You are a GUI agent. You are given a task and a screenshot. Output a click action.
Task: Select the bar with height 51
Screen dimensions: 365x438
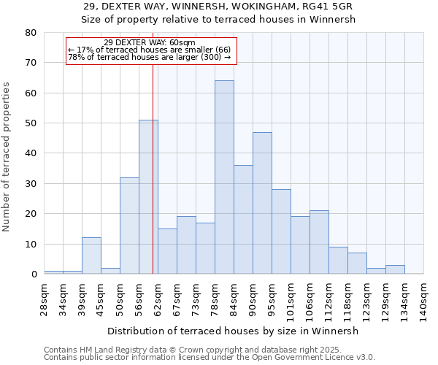[148, 197]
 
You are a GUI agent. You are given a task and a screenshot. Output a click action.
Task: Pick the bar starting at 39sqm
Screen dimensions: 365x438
[91, 255]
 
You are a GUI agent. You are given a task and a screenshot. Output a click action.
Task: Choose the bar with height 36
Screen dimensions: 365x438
[243, 220]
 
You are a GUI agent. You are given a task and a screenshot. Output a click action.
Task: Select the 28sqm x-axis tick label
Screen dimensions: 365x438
[44, 296]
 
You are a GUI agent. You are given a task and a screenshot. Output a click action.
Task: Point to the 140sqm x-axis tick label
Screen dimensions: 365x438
[423, 299]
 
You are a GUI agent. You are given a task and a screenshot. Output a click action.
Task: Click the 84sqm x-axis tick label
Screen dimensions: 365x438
[234, 296]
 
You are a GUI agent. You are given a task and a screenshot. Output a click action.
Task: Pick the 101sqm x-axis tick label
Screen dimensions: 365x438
[291, 299]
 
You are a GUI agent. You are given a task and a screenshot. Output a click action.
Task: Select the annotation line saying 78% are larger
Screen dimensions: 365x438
[150, 57]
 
